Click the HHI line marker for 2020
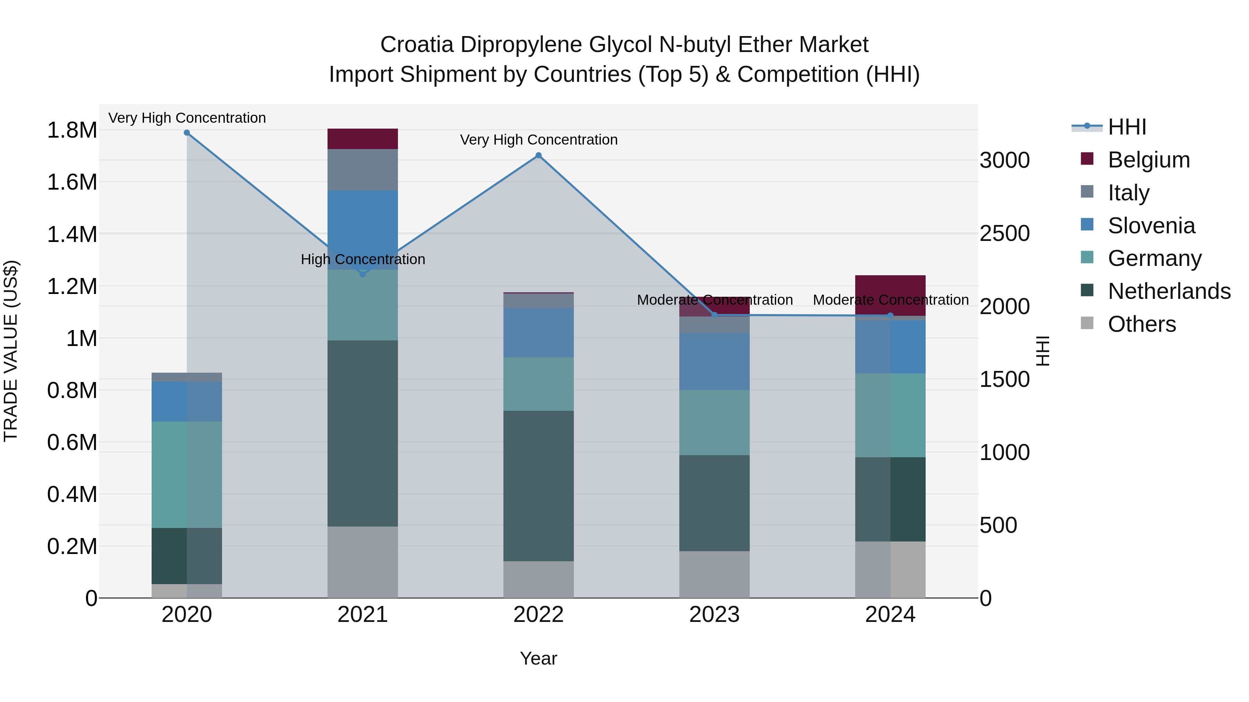[187, 133]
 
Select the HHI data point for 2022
[538, 156]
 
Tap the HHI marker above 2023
[714, 315]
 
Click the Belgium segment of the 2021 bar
[363, 139]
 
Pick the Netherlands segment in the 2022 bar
[538, 486]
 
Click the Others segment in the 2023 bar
[714, 574]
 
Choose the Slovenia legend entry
[1151, 226]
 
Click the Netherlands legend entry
[1169, 291]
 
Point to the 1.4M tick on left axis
[72, 234]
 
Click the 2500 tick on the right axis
[1005, 234]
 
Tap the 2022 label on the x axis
[538, 615]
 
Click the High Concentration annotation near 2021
[363, 259]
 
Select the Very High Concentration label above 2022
[538, 139]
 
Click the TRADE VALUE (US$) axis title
[11, 351]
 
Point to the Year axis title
[538, 658]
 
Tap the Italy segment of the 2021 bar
[363, 170]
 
